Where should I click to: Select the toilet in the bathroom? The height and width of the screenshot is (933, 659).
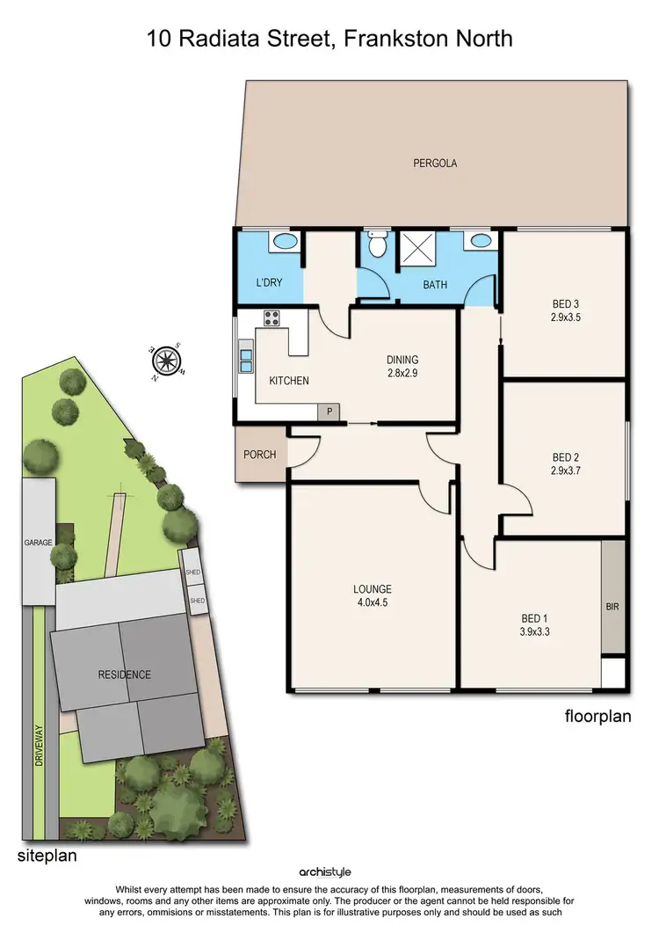click(x=378, y=244)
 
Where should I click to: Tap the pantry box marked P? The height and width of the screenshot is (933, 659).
click(x=329, y=411)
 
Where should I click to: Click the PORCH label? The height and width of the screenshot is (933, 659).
click(x=261, y=455)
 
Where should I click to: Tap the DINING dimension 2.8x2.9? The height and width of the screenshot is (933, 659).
click(x=402, y=372)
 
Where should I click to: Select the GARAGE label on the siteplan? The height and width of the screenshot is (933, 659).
click(x=38, y=543)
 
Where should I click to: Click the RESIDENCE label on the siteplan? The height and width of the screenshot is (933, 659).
click(x=124, y=674)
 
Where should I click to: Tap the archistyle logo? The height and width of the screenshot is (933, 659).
click(x=329, y=871)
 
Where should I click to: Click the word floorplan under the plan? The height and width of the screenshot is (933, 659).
click(x=597, y=717)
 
